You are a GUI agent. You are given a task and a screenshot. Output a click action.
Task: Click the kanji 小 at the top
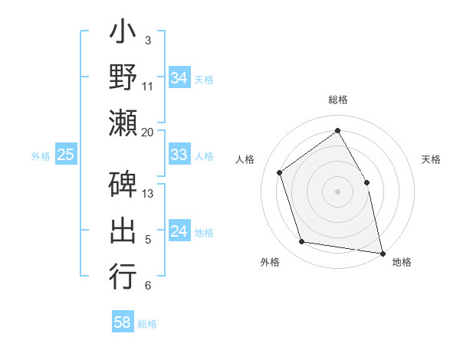click(123, 34)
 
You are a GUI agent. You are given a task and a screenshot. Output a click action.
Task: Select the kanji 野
click(123, 77)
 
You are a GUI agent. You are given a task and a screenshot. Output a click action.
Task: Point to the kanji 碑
click(123, 186)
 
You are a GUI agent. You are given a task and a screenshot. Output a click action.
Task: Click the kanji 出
click(123, 231)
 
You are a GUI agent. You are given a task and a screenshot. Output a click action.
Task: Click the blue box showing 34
click(179, 78)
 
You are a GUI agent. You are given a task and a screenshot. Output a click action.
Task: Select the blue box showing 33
click(179, 155)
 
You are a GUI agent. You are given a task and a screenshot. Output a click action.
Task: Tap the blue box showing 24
click(179, 231)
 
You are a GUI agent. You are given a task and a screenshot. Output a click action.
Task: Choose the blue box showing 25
click(66, 155)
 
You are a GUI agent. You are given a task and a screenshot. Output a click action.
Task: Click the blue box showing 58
click(123, 322)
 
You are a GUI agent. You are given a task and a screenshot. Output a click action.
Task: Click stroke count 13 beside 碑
click(148, 194)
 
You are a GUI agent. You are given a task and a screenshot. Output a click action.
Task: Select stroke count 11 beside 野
click(148, 86)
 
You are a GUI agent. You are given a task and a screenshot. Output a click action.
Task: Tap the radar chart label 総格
click(337, 100)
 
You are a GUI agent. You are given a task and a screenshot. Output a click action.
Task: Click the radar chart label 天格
click(431, 159)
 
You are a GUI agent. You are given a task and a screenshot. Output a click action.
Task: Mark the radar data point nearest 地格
click(382, 253)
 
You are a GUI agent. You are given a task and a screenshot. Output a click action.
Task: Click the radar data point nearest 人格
click(280, 172)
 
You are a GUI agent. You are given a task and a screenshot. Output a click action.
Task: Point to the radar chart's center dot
click(337, 191)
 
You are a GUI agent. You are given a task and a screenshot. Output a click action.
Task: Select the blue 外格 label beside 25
click(41, 155)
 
